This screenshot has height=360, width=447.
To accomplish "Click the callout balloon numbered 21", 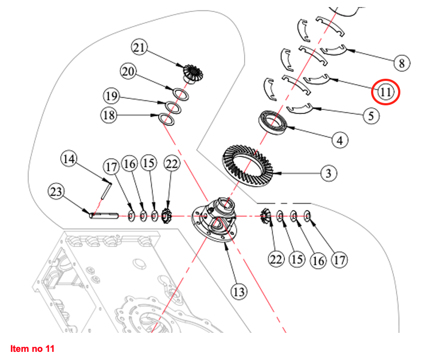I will pos(140,48).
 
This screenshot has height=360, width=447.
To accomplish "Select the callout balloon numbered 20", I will pos(129,72).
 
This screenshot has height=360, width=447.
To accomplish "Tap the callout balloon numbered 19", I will pos(112,97).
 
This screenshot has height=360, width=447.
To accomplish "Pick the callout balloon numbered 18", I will pos(109,115).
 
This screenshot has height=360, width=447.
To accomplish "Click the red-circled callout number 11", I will pos(386,92).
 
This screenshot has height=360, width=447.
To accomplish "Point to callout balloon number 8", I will pos(401,64).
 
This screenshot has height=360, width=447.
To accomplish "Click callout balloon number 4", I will pos(340,141).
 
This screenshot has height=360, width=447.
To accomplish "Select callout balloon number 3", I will pos(328,174).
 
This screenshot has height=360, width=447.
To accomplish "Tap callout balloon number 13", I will pos(239,292).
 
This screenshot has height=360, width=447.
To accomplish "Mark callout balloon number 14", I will pos(68,159).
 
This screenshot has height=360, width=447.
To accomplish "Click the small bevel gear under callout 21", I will pos(191,72).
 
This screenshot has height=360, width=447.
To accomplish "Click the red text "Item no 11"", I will pos(33,348).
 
